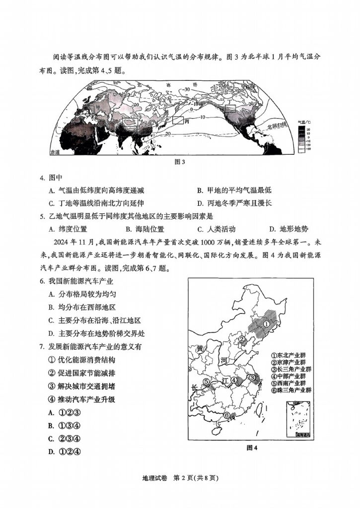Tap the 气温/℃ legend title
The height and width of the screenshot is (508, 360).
(x=304, y=121)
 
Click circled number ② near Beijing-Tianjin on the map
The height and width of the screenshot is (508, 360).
(x=242, y=340)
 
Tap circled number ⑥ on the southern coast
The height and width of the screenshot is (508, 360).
(x=227, y=415)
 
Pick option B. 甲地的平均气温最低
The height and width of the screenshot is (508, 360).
(x=234, y=190)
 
